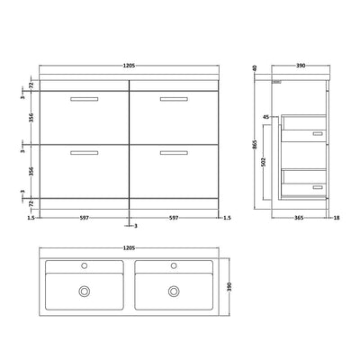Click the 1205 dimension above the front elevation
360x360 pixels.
coord(131,66)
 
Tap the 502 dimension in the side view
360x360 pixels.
coord(277,163)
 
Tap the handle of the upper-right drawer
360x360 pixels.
coord(175,97)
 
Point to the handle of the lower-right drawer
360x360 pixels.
coord(175,155)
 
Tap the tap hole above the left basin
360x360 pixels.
coord(87,266)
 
